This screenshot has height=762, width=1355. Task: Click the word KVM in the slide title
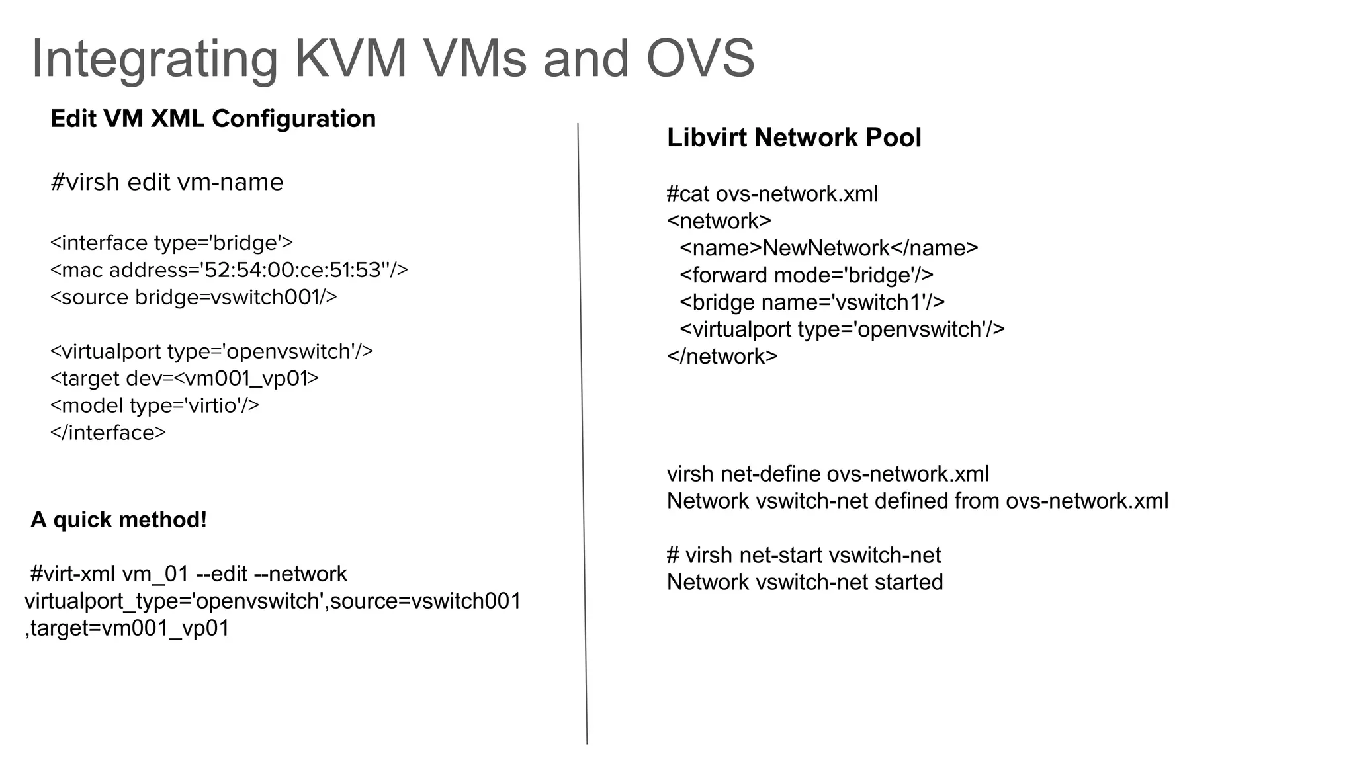pos(351,58)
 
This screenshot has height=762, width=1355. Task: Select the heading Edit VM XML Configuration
pos(213,119)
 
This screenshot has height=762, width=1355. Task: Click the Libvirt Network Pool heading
pos(794,138)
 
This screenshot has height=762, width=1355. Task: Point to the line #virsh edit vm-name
pos(167,182)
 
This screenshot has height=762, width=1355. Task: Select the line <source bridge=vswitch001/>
pos(193,298)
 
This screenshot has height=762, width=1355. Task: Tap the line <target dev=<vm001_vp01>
pos(184,378)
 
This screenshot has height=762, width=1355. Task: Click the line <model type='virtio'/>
pos(154,405)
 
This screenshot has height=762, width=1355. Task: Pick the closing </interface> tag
pos(108,433)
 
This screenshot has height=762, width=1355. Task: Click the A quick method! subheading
pos(118,520)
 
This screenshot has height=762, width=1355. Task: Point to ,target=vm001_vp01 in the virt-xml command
pos(127,628)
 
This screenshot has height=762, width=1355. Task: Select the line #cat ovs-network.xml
pos(772,194)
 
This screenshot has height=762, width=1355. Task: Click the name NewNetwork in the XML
pos(826,248)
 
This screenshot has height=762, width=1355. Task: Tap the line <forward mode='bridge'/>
pos(806,275)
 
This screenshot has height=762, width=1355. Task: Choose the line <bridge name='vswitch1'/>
pos(812,302)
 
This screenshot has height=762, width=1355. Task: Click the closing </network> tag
pos(722,357)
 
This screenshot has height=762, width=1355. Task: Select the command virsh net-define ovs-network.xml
pos(828,474)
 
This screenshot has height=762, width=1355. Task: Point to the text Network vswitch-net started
pos(805,583)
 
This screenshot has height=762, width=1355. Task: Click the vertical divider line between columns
pos(582,430)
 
